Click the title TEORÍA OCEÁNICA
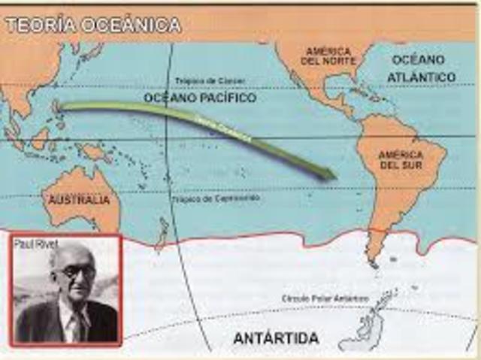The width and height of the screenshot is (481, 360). (x=93, y=25)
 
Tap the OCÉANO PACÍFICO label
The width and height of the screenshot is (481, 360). (x=200, y=98)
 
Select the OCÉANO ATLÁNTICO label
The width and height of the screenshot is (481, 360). (x=422, y=68)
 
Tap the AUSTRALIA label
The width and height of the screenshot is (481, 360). (x=79, y=201)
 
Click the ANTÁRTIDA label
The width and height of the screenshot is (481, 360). (x=276, y=337)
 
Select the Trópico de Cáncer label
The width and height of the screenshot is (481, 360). (x=205, y=80)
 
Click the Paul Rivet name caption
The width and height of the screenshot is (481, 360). (x=31, y=244)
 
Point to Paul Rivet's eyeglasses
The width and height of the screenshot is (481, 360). (x=78, y=271)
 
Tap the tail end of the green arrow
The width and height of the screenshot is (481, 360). (x=64, y=107)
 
